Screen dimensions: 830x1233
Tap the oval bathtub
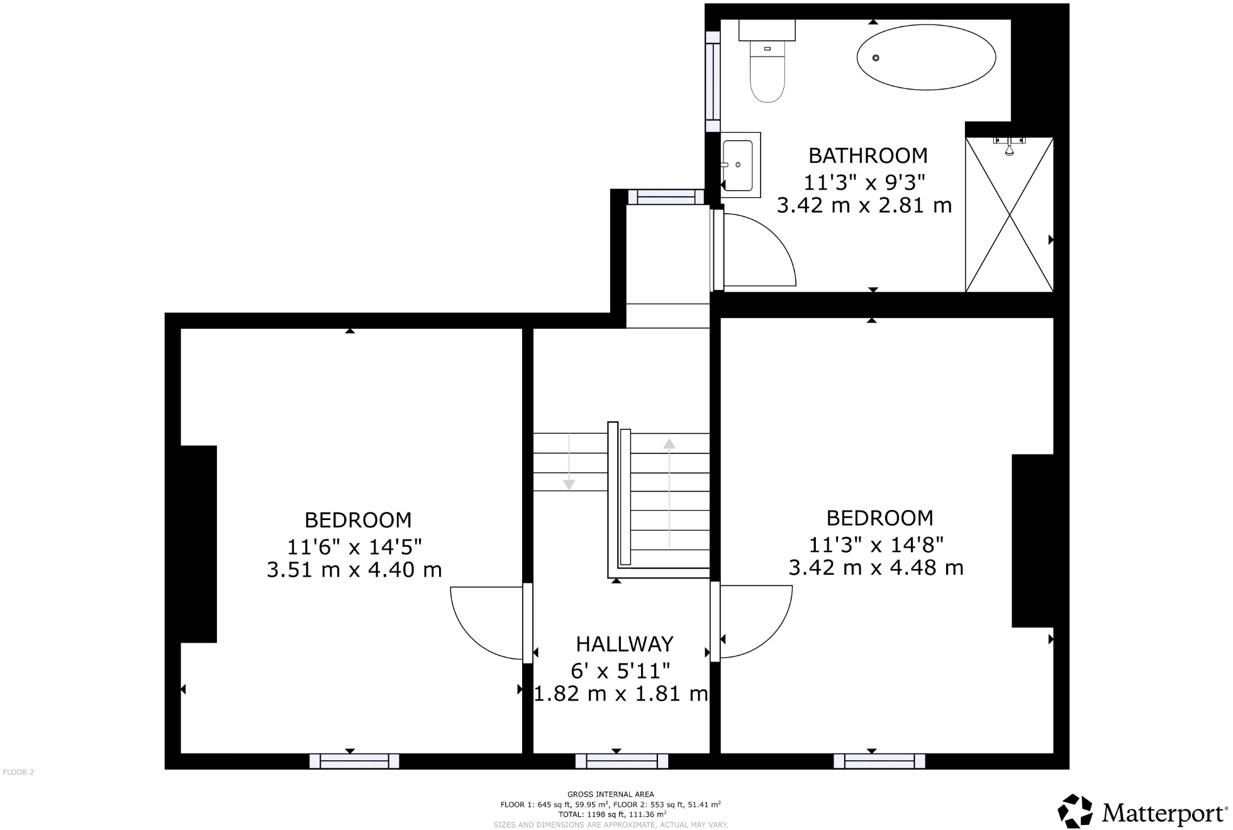pyautogui.click(x=926, y=57)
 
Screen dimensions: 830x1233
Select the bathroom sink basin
pyautogui.click(x=738, y=165)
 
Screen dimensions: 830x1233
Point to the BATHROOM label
pyautogui.click(x=868, y=155)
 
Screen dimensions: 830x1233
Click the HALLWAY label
pyautogui.click(x=624, y=644)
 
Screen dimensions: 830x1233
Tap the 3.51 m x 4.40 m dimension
pyautogui.click(x=354, y=570)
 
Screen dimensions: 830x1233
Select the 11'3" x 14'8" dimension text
pyautogui.click(x=876, y=543)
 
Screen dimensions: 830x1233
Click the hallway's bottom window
pyautogui.click(x=622, y=761)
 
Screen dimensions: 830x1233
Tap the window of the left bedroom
pyautogui.click(x=354, y=761)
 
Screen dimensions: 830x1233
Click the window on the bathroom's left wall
pyautogui.click(x=712, y=82)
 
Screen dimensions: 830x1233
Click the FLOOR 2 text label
pyautogui.click(x=18, y=772)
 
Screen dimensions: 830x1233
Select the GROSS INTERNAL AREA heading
pyautogui.click(x=610, y=794)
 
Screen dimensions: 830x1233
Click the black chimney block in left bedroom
pyautogui.click(x=198, y=544)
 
